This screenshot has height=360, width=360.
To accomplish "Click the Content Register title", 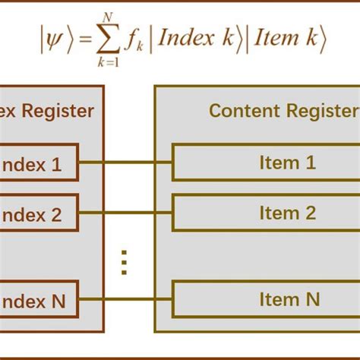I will (x=283, y=111).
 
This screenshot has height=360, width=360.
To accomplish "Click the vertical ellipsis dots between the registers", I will (x=125, y=261).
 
